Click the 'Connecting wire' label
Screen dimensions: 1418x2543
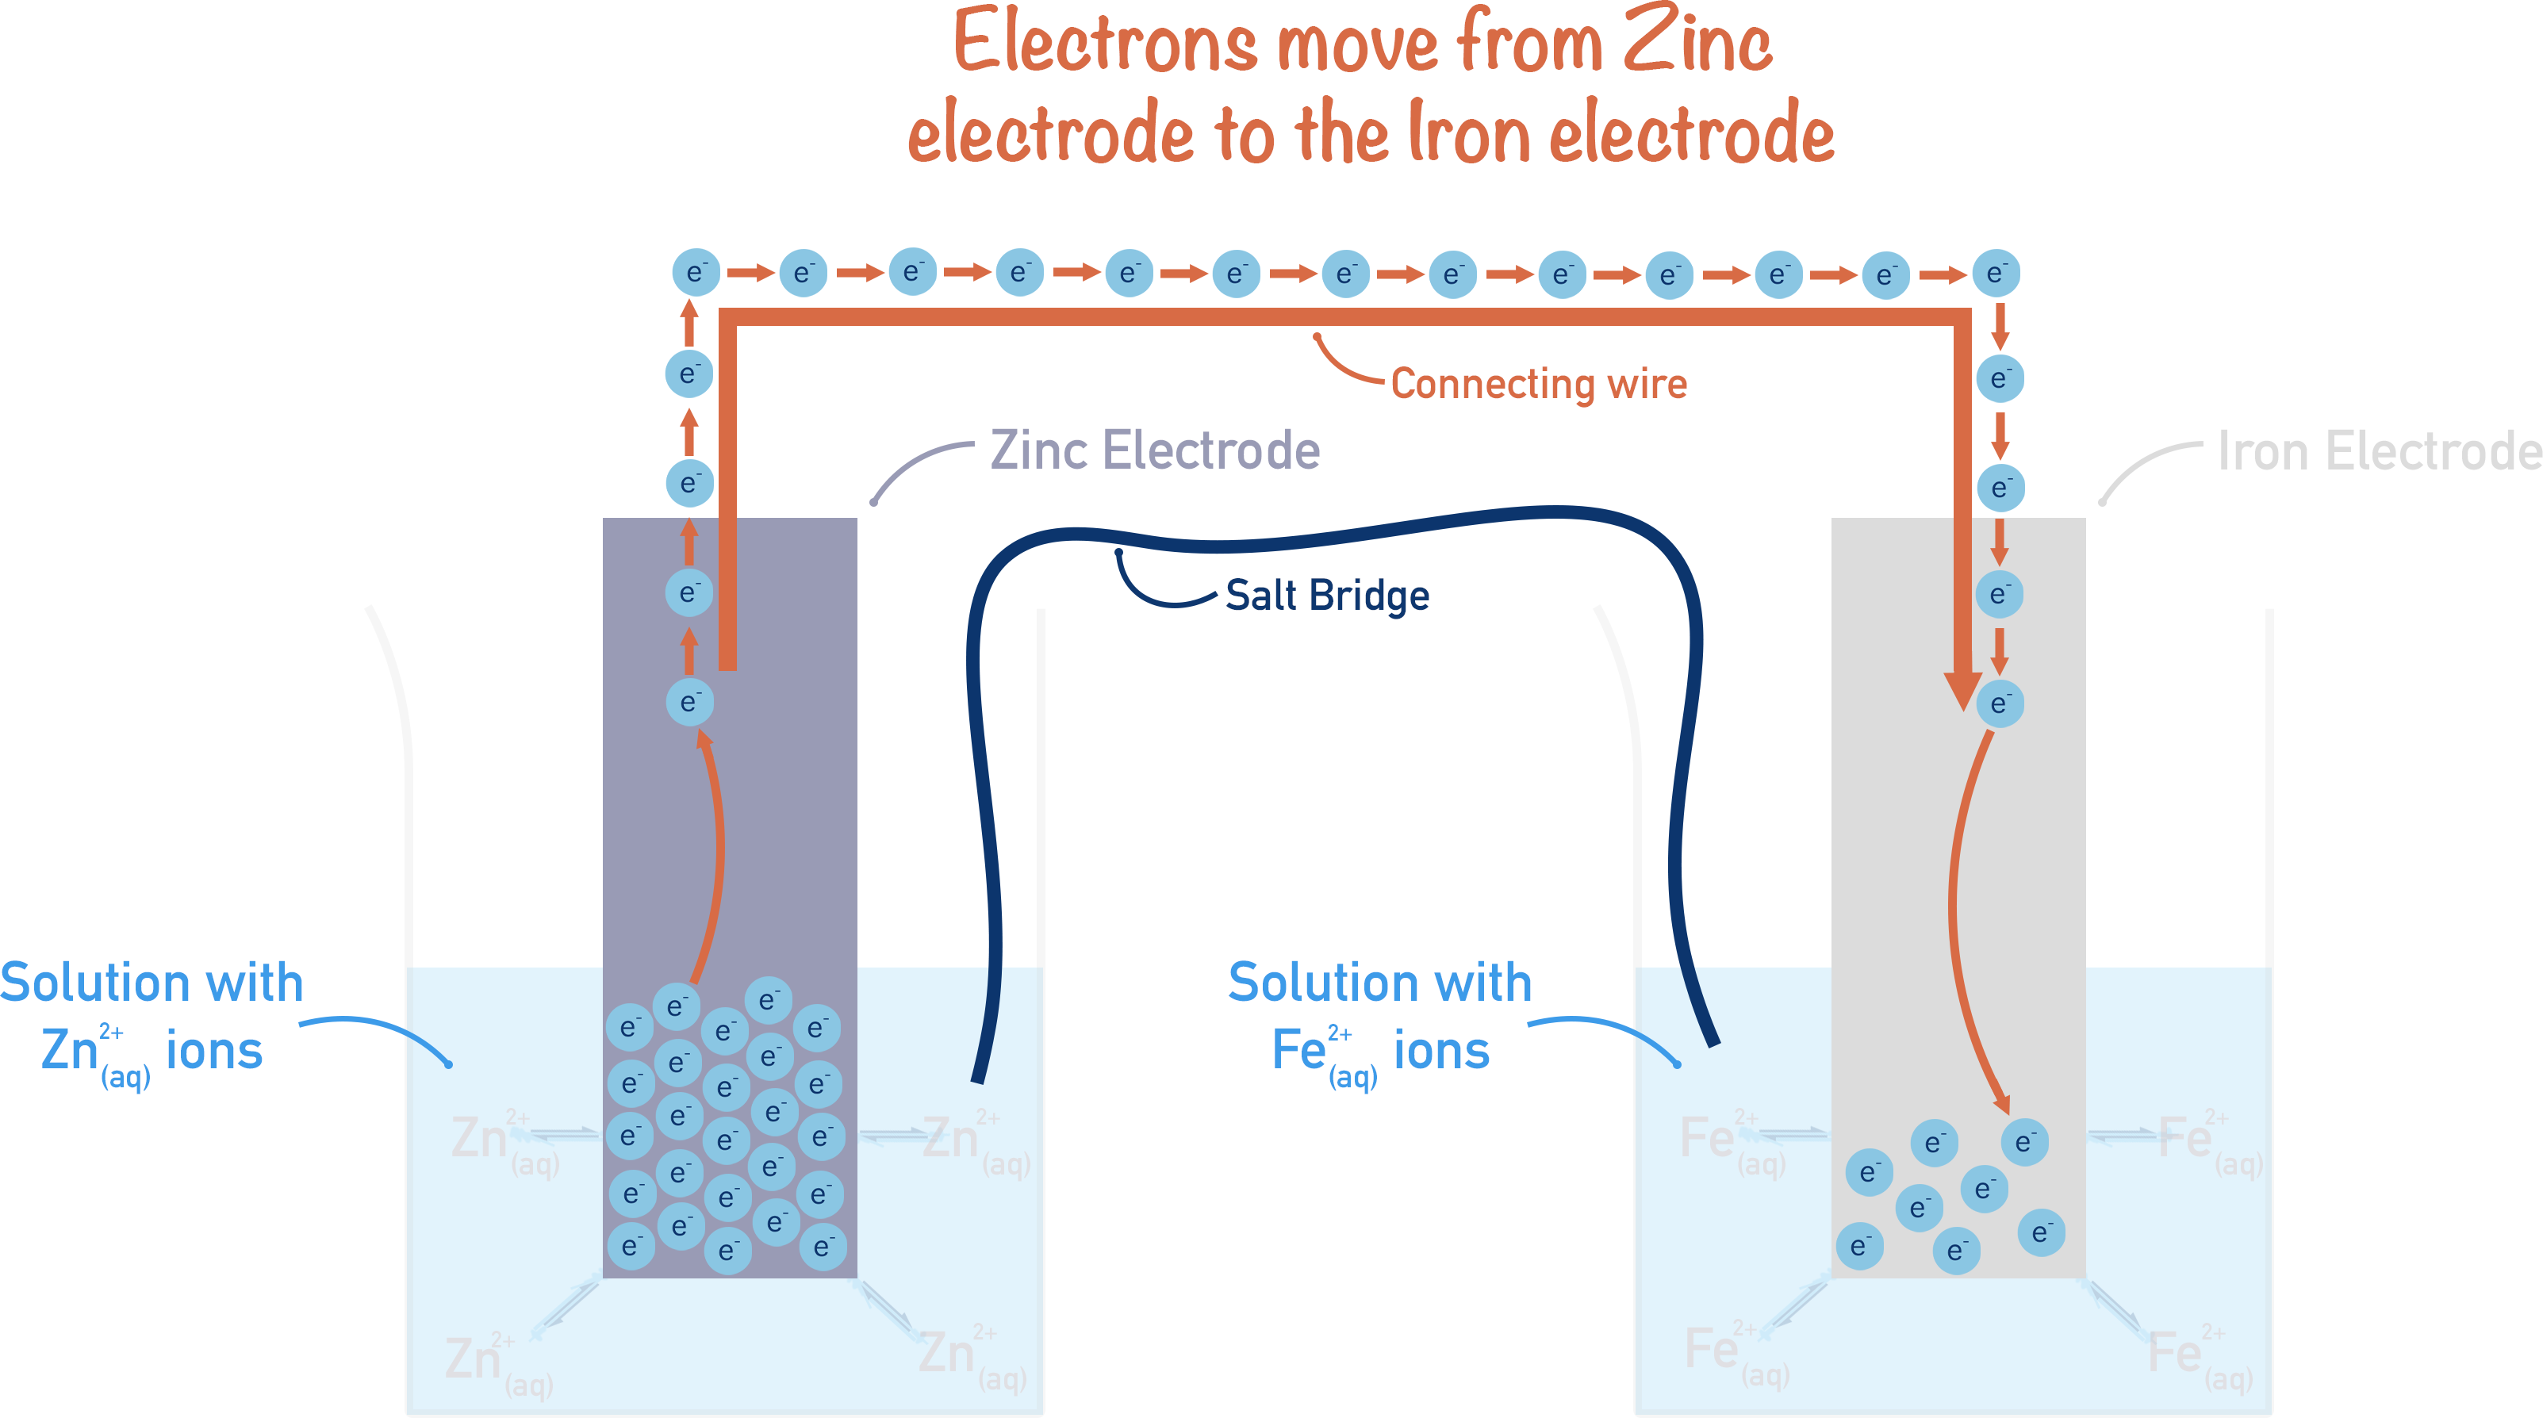[x=1538, y=384]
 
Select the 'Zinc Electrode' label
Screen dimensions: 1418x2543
[x=1154, y=451]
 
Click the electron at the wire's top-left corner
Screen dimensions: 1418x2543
[x=696, y=272]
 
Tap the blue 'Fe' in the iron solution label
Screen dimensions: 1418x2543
[x=1298, y=1049]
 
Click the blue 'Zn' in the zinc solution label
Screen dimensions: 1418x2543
[x=69, y=1049]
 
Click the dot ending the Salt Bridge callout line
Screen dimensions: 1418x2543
[x=1118, y=553]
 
